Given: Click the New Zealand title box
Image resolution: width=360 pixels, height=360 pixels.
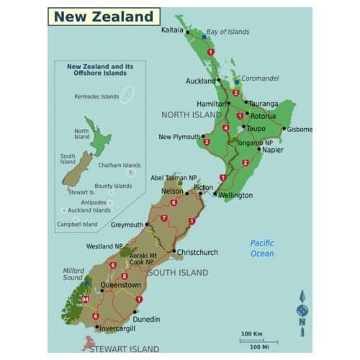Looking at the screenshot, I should [104, 17].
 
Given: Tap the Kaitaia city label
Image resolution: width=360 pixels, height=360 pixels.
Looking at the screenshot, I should [172, 30].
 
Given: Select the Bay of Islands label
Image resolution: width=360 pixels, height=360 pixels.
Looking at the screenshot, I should [228, 32].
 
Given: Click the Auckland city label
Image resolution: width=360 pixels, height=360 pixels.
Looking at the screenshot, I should [200, 81].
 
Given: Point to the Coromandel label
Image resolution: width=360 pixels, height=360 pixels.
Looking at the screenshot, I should [259, 78].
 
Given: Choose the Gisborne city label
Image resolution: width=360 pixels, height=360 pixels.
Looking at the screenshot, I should [300, 130].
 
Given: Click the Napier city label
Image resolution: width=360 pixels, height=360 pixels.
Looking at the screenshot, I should [273, 150].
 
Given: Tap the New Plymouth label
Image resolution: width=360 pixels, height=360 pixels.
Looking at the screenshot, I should [179, 136].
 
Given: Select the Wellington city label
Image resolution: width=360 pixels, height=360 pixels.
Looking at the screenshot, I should [235, 195].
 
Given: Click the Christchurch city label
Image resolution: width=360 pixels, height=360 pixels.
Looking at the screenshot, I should [197, 252].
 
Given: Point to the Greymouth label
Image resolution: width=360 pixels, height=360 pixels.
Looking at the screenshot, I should [127, 224].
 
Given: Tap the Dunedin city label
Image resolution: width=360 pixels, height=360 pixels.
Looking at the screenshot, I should [146, 319].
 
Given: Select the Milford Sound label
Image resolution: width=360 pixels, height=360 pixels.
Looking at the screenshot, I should [73, 274].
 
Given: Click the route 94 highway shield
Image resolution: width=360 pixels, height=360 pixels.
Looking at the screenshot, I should [86, 299].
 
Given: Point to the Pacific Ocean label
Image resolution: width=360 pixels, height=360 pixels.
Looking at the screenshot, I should [262, 248].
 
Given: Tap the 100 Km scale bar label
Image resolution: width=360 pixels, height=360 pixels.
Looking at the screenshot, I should [251, 333].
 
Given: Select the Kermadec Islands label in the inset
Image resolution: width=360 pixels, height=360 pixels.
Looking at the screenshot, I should [96, 96].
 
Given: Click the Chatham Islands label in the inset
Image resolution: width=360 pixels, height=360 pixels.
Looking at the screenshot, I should [120, 165].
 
